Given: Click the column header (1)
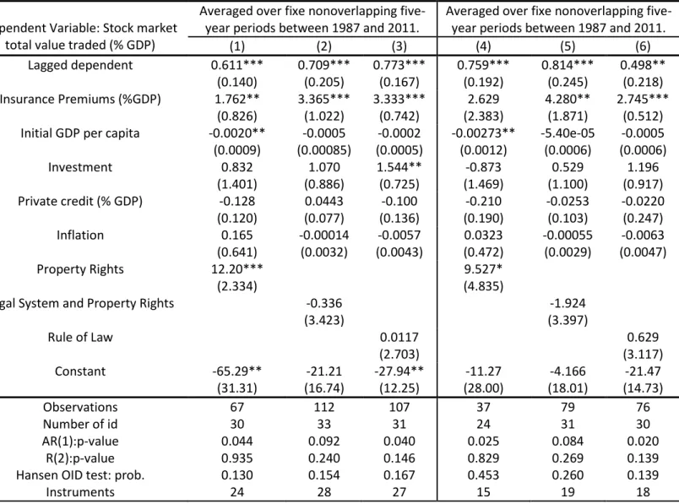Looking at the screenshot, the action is tap(236, 46).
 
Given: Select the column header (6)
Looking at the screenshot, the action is tap(643, 46).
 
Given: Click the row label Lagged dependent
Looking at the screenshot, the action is tap(80, 65).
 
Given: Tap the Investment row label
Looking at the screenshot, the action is tap(80, 167).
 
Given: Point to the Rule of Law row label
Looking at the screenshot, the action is tap(80, 338).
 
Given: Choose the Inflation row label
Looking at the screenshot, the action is tap(80, 235).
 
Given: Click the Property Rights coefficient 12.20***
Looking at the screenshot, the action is tap(236, 269).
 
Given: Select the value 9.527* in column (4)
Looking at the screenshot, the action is tap(483, 269).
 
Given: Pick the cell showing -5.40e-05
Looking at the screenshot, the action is tap(568, 133).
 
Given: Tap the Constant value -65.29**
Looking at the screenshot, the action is tap(236, 371).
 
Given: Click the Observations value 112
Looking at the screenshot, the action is tap(324, 407).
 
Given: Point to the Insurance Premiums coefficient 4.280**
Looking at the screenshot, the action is tap(568, 99).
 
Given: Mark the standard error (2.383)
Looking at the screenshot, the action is tap(483, 116).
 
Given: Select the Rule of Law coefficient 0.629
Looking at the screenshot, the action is tap(643, 338).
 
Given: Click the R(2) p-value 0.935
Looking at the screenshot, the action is tap(236, 458).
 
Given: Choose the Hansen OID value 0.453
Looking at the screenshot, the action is tap(483, 475).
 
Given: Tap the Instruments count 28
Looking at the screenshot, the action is tap(324, 492).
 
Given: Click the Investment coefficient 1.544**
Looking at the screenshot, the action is tap(399, 167).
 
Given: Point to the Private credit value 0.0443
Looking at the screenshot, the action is tap(324, 201).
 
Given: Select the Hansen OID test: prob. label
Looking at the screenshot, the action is tap(80, 475).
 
